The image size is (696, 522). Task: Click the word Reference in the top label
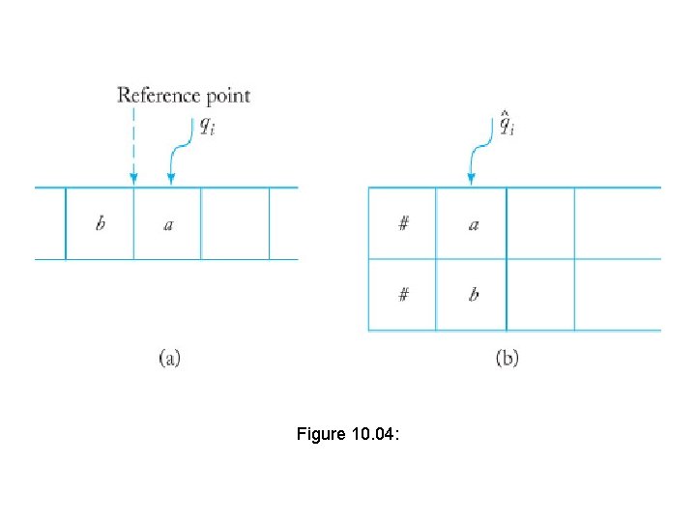point(155,96)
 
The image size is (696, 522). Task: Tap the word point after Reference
point(223,96)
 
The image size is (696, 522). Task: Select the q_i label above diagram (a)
point(207,125)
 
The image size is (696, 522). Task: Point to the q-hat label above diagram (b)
point(507,124)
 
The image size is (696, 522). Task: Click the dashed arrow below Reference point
point(133,145)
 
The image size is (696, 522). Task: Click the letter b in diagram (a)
point(101,224)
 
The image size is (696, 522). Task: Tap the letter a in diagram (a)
point(168,225)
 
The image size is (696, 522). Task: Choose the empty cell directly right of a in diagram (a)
point(235,224)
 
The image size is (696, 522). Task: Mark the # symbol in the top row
point(403,224)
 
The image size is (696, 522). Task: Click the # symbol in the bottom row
point(403,295)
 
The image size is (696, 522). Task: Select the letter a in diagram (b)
point(473,224)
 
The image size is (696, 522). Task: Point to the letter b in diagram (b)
point(473,295)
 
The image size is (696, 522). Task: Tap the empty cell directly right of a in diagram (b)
point(540,224)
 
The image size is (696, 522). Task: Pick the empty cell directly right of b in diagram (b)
point(540,295)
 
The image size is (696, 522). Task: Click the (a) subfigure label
point(168,359)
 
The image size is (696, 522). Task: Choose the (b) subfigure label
point(507,359)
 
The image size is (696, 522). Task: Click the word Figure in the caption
point(320,435)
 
